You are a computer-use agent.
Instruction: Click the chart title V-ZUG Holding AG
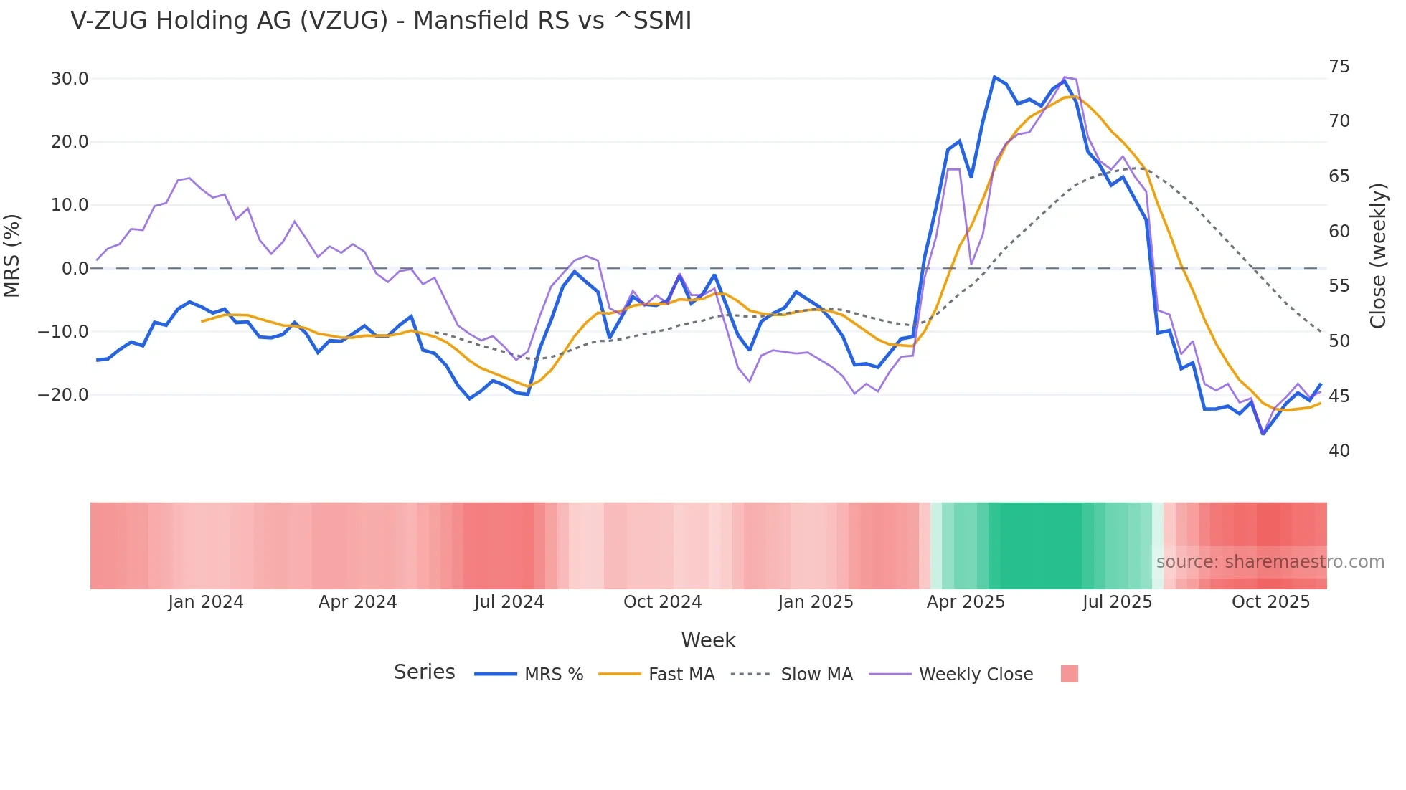[380, 21]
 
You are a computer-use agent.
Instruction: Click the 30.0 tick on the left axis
[70, 79]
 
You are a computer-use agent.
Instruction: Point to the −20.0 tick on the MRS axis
[64, 395]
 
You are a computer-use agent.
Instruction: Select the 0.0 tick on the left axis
[75, 269]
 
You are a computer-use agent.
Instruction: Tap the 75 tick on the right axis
[1339, 67]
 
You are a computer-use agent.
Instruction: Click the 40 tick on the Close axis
[1339, 451]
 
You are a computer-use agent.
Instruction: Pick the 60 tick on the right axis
[1339, 232]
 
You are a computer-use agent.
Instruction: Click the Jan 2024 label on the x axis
[206, 602]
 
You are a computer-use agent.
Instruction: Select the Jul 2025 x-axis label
[1117, 602]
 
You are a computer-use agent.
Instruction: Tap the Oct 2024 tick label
[662, 602]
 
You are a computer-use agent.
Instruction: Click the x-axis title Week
[708, 640]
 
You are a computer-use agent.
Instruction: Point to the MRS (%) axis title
[12, 255]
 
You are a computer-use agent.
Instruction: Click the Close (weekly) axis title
[1377, 256]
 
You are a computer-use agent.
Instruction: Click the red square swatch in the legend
[1069, 675]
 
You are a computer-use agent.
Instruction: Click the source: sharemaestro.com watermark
[1270, 562]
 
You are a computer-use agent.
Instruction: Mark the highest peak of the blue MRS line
[994, 77]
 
